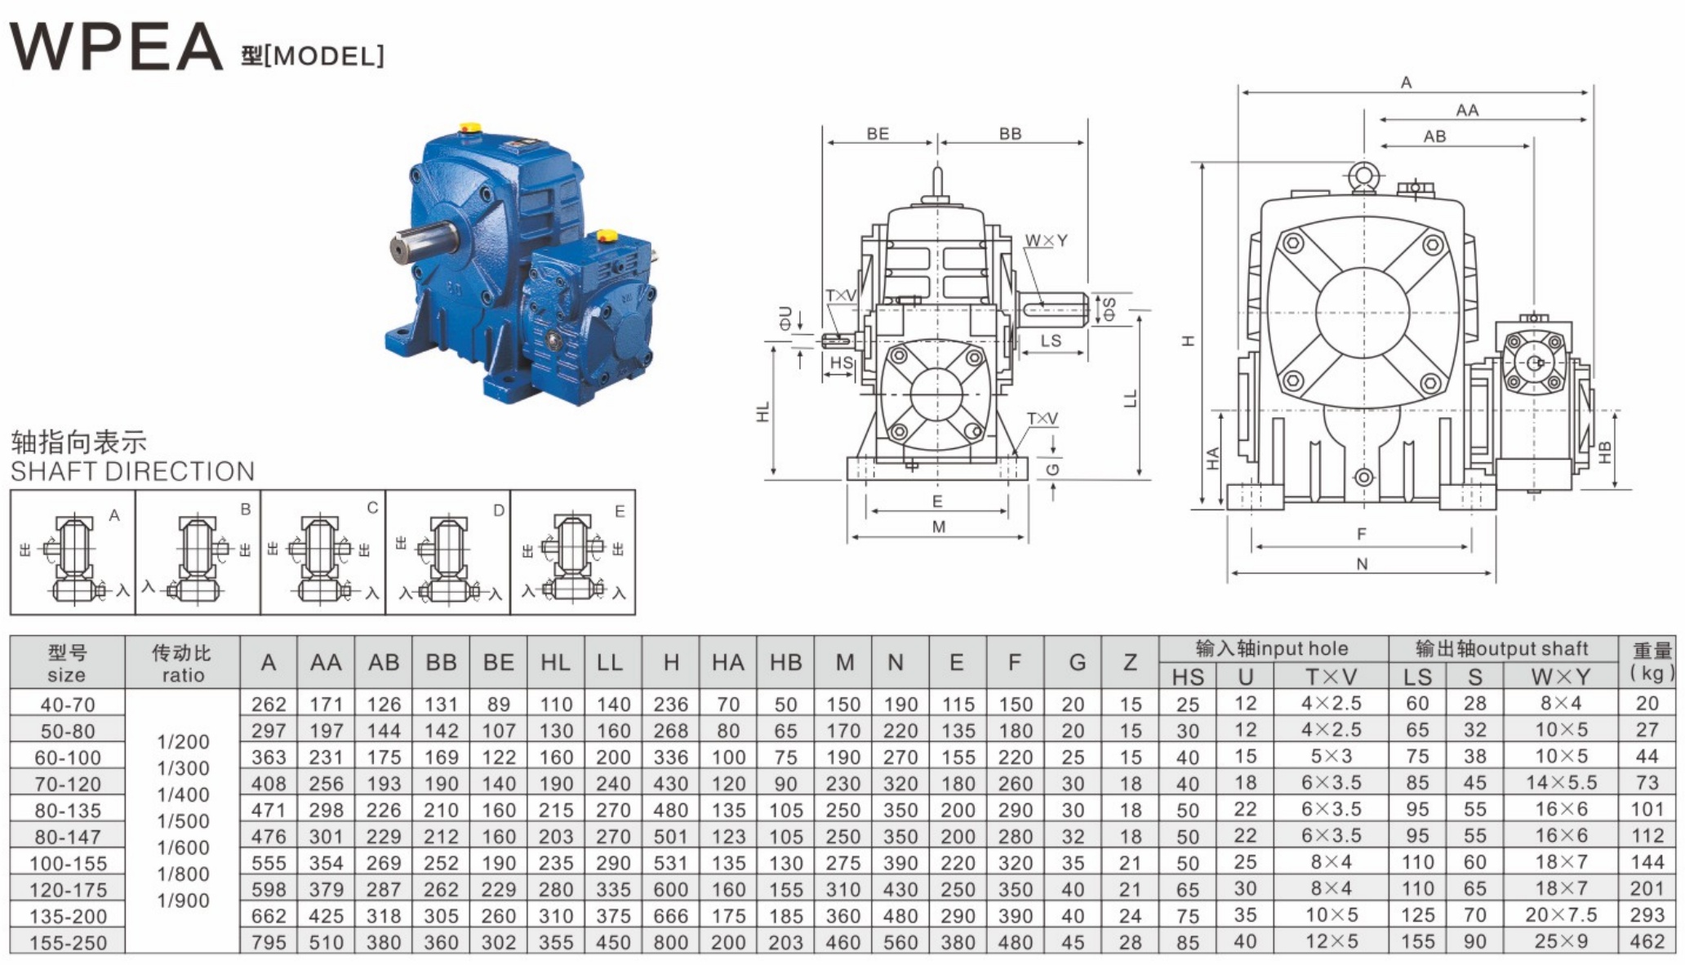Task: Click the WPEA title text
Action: click(115, 47)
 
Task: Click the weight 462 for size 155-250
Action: click(1647, 941)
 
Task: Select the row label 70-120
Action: click(67, 784)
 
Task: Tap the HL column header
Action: click(555, 662)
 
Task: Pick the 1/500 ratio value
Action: click(183, 821)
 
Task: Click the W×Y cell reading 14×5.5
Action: click(1561, 783)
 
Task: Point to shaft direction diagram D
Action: click(447, 553)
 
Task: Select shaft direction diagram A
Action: click(73, 553)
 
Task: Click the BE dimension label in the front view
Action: click(878, 134)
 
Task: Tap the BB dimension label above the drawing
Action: click(1010, 134)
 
